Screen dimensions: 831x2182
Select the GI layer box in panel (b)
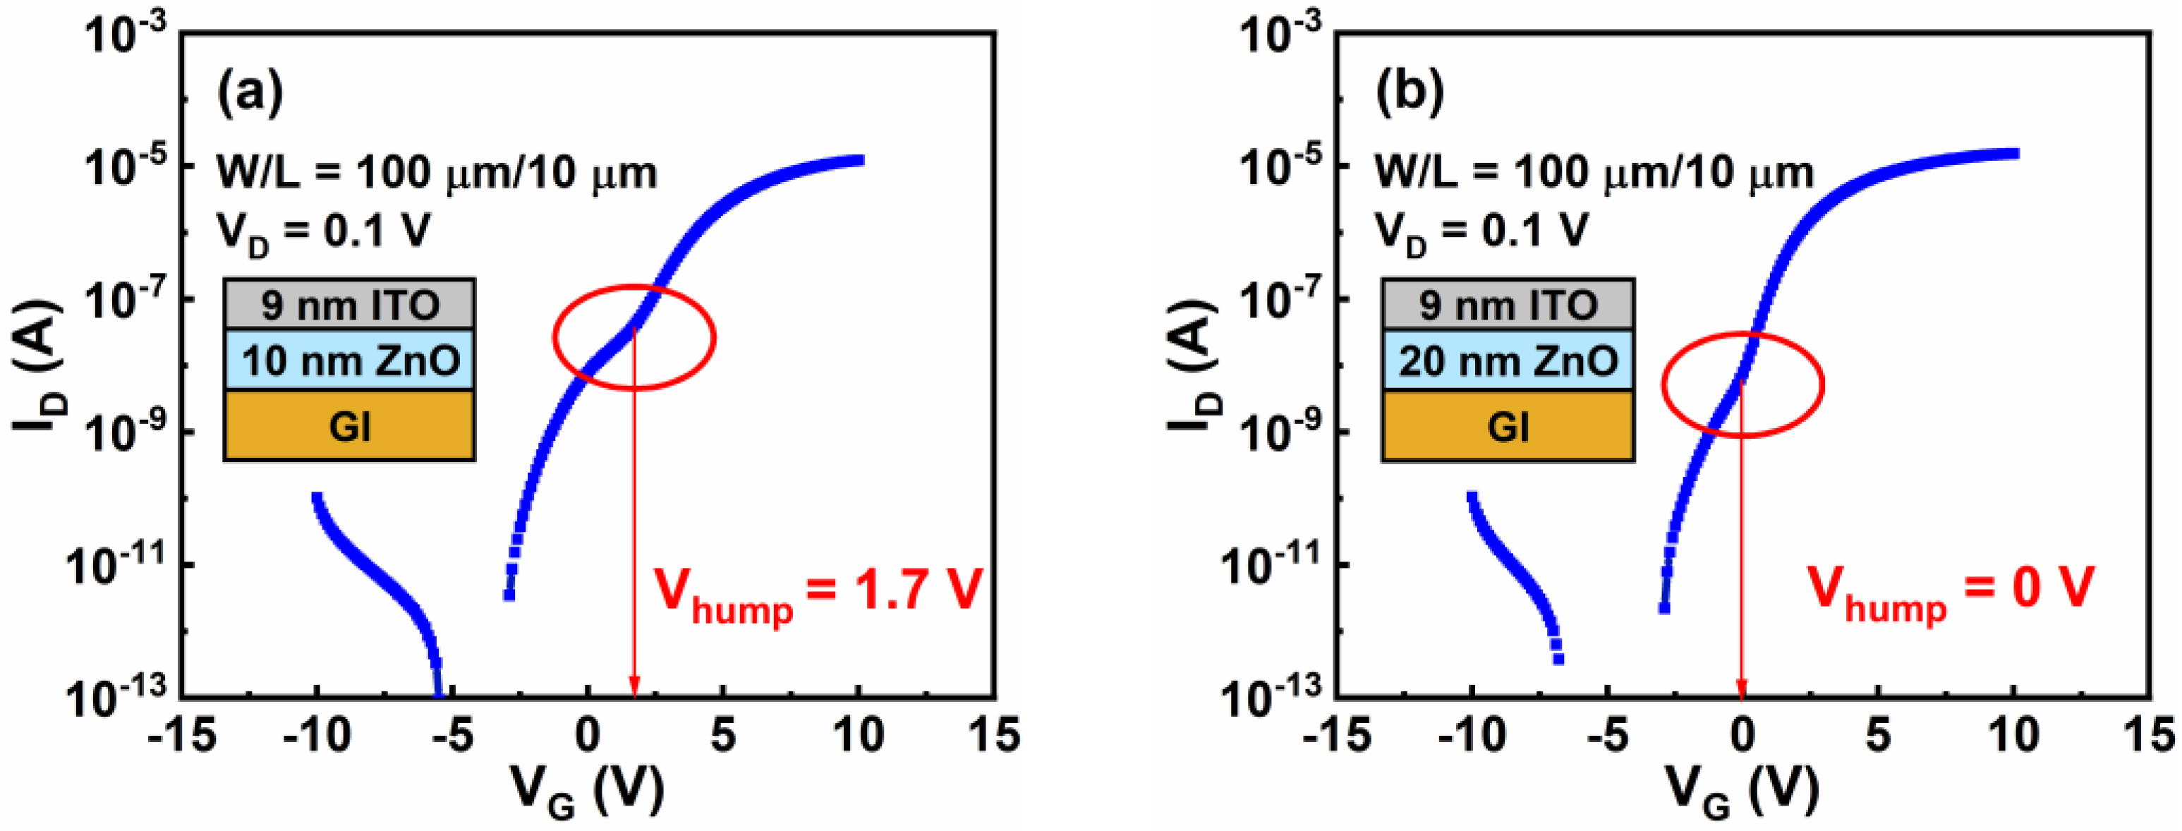(x=1508, y=426)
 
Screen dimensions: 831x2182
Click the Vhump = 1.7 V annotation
(x=818, y=593)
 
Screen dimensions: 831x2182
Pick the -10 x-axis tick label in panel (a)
(x=317, y=735)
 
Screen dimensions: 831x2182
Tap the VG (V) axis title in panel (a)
(x=586, y=791)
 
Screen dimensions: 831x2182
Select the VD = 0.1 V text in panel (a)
(x=324, y=231)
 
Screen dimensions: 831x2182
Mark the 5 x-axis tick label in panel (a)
(x=722, y=735)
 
